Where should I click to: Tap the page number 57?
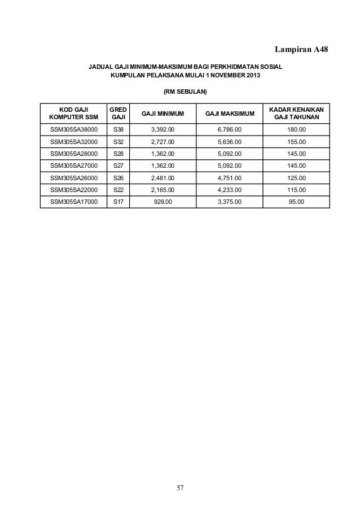tap(180, 487)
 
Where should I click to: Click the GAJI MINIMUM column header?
tap(163, 114)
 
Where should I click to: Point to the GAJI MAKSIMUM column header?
tap(230, 114)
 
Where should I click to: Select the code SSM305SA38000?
tap(73, 129)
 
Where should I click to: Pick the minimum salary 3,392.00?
tap(163, 129)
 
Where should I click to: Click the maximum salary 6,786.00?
tap(230, 129)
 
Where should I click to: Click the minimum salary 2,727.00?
tap(163, 142)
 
